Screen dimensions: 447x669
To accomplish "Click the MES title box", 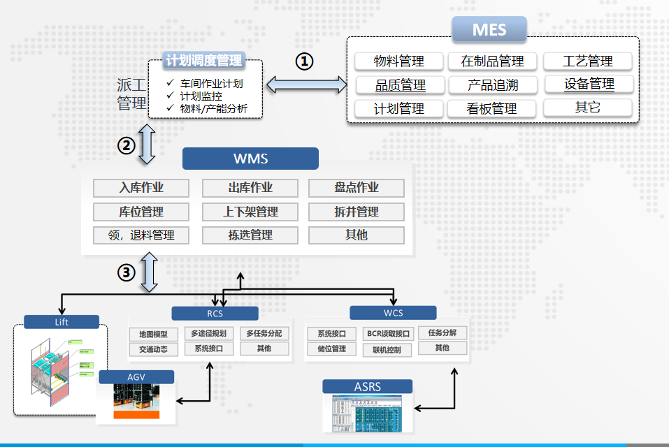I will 489,30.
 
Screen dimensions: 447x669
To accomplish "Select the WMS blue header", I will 250,159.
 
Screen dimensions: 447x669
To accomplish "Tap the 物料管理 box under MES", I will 399,61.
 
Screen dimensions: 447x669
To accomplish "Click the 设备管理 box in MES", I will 589,85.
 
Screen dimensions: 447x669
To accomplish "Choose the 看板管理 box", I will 491,108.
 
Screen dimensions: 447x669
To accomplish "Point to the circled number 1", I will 304,61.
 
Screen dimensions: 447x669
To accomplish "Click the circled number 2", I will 126,145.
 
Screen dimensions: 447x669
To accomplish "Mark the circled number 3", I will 126,273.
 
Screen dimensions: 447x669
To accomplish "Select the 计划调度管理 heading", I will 203,61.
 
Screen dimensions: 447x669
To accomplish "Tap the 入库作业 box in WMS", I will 141,188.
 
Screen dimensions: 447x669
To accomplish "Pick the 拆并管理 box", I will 357,212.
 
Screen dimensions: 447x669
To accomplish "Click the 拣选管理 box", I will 250,235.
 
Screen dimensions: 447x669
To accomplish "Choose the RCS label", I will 215,314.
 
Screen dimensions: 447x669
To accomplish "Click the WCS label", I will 393,313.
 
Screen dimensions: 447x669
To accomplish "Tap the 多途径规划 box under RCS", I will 208,334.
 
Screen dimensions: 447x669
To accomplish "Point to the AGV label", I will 136,377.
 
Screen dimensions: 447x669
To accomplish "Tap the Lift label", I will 62,322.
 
